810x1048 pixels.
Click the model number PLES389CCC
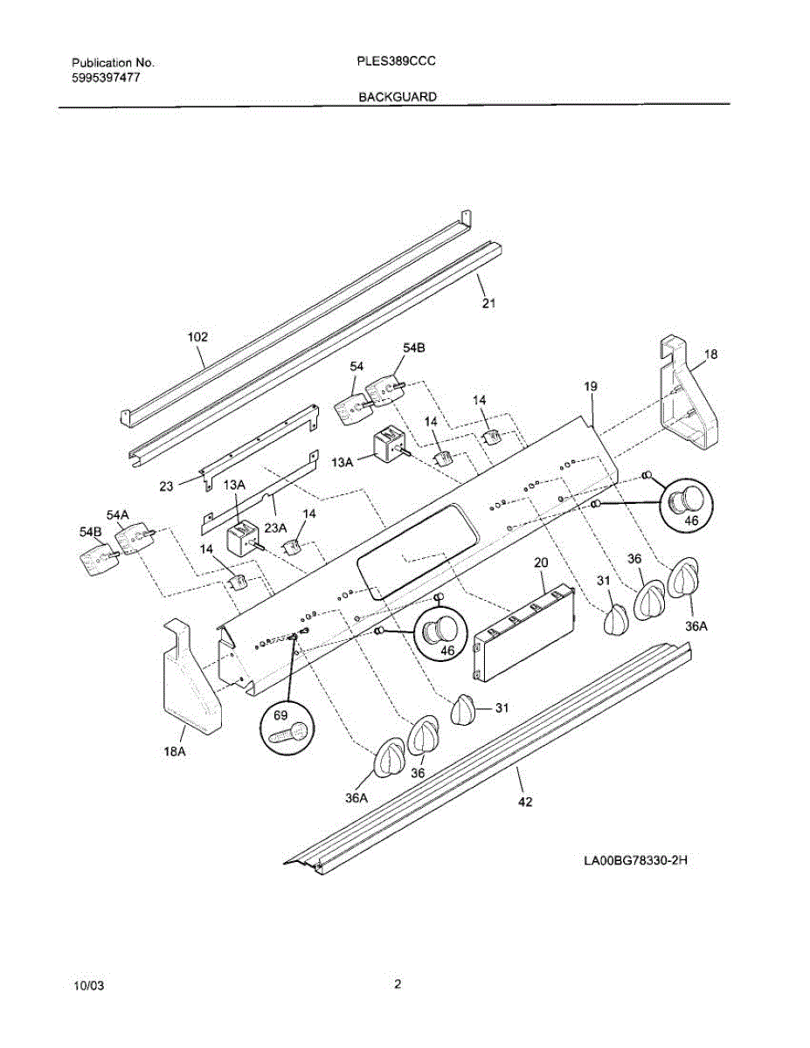[x=398, y=63]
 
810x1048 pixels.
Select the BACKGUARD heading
[x=398, y=98]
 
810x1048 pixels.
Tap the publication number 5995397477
[x=106, y=78]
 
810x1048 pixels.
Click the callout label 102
[x=198, y=336]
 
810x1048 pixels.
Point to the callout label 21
[x=488, y=303]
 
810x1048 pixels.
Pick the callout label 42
[x=525, y=801]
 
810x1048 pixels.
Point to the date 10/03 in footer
[x=89, y=986]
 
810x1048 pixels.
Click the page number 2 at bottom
[x=398, y=985]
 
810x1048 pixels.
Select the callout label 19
[x=590, y=385]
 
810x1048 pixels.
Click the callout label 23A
[x=276, y=527]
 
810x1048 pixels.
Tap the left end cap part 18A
[x=190, y=681]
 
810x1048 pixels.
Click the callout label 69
[x=281, y=714]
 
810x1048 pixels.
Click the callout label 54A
[x=118, y=516]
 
